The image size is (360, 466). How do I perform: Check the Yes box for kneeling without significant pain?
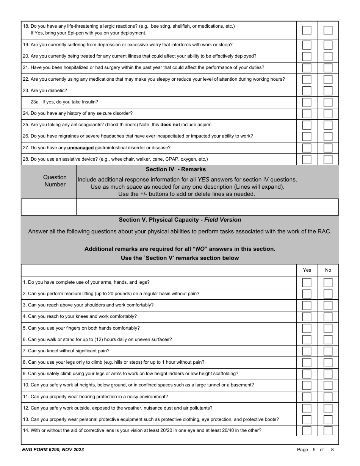coord(307,351)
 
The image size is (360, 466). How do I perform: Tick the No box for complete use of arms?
coord(328,283)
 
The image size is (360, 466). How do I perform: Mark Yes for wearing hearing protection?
coord(307,397)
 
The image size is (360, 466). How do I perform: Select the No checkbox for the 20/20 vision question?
coord(328,431)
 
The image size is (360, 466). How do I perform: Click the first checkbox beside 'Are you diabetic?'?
coord(307,91)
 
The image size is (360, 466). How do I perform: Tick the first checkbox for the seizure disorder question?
coord(307,114)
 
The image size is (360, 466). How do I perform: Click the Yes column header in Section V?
coord(307,270)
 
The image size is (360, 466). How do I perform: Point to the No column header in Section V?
coord(328,270)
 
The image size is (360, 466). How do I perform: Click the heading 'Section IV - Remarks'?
coord(176,169)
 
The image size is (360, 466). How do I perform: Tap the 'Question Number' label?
coord(55,181)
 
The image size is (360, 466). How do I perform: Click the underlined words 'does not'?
coord(170,125)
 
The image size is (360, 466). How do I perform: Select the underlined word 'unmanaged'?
coord(80,148)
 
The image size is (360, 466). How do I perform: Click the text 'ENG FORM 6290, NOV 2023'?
coord(53,450)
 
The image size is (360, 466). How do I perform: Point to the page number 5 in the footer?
coord(314,450)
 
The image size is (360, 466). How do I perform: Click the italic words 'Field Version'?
coord(222,220)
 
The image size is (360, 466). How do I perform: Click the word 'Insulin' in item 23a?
coord(91,102)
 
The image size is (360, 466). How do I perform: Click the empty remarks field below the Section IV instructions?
coord(207,207)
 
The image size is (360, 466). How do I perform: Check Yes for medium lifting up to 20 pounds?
coord(307,294)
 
